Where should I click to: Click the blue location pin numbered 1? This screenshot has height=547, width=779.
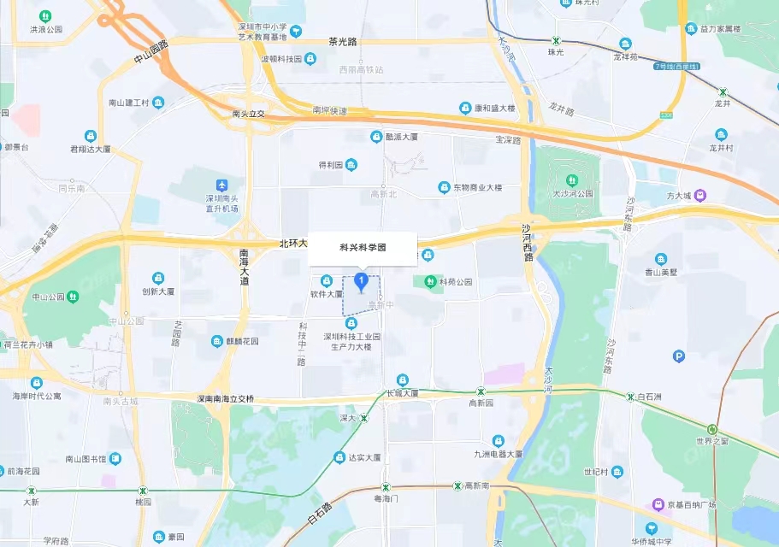pyautogui.click(x=362, y=280)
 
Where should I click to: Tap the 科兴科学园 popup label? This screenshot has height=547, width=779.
pyautogui.click(x=363, y=247)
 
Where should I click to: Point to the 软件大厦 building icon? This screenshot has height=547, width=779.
pyautogui.click(x=326, y=281)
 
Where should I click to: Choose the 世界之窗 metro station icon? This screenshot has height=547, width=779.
pyautogui.click(x=712, y=429)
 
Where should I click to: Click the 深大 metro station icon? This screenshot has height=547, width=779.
pyautogui.click(x=364, y=418)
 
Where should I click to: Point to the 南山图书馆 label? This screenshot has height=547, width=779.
pyautogui.click(x=86, y=459)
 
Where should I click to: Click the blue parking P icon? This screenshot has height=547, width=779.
pyautogui.click(x=679, y=356)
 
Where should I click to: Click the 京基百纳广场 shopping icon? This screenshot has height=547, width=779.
pyautogui.click(x=658, y=504)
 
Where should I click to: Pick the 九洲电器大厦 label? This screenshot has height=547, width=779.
pyautogui.click(x=499, y=454)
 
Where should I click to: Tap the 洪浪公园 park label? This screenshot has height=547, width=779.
pyautogui.click(x=46, y=29)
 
